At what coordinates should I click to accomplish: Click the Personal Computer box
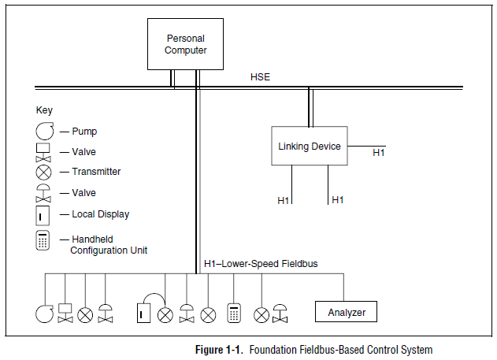[x=186, y=44]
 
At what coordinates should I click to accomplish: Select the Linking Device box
[x=310, y=146]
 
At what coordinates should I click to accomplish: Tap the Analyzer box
[x=347, y=313]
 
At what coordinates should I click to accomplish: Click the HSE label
[x=261, y=76]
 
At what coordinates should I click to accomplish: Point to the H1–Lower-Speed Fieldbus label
[x=261, y=263]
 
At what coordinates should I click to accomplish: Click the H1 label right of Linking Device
[x=379, y=152]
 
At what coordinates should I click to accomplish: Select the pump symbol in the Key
[x=44, y=132]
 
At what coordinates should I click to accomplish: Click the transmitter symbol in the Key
[x=44, y=172]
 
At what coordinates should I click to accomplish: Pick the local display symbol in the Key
[x=44, y=214]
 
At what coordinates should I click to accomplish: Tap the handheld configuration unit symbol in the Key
[x=43, y=241]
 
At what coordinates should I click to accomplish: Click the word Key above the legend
[x=44, y=110]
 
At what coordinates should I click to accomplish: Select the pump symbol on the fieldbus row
[x=44, y=314]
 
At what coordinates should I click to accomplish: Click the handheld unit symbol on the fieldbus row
[x=233, y=313]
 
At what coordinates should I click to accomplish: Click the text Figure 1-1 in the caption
[x=219, y=349]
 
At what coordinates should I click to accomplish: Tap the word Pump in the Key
[x=83, y=132]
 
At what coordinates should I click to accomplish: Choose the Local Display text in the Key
[x=100, y=214]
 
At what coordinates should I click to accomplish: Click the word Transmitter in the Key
[x=96, y=172]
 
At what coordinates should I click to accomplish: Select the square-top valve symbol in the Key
[x=44, y=151]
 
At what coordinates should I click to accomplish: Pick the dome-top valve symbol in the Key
[x=44, y=193]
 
